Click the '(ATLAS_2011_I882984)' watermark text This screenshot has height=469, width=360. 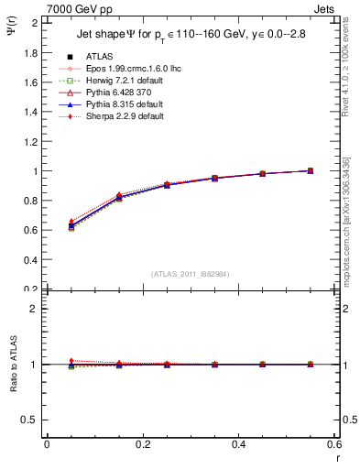(x=191, y=273)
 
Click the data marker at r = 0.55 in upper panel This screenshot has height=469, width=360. (x=311, y=170)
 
